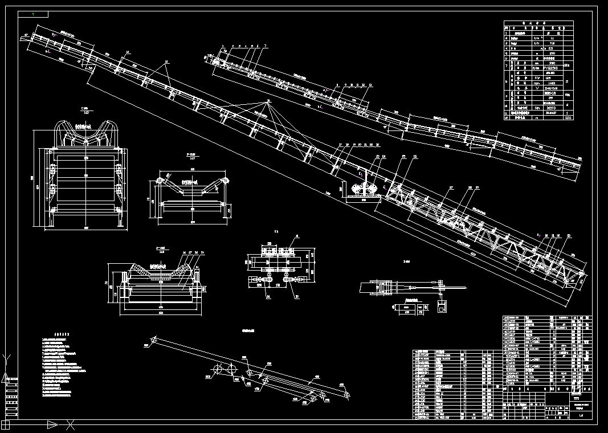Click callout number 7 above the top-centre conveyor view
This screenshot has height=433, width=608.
tap(265, 46)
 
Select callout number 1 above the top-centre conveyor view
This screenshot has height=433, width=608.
tap(223, 46)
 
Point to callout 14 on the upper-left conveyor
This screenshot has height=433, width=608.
tap(128, 52)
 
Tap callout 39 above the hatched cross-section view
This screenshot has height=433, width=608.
tap(202, 252)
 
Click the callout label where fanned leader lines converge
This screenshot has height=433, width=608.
tap(268, 101)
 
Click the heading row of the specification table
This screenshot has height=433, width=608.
tap(538, 24)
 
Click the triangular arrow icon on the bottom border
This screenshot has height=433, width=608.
tap(52, 424)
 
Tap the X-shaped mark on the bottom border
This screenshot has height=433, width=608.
tap(70, 424)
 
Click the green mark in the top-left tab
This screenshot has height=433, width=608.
tap(33, 14)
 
